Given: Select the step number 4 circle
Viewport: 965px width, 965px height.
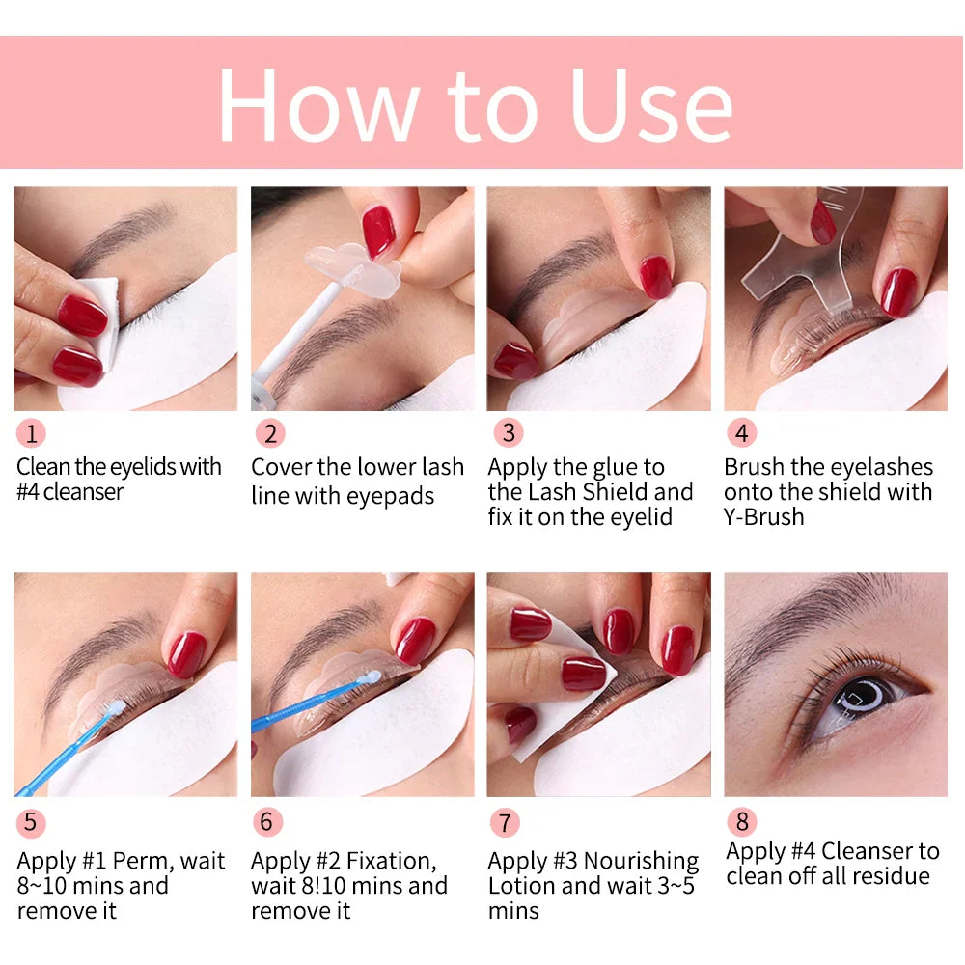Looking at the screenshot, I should (741, 433).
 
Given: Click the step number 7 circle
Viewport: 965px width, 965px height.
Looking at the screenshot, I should (504, 823).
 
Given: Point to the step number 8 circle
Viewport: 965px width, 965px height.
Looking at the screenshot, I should (741, 821).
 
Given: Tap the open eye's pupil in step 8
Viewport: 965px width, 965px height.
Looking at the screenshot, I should (853, 694).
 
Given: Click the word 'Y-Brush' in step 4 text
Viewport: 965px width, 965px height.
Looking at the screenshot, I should (763, 517).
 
